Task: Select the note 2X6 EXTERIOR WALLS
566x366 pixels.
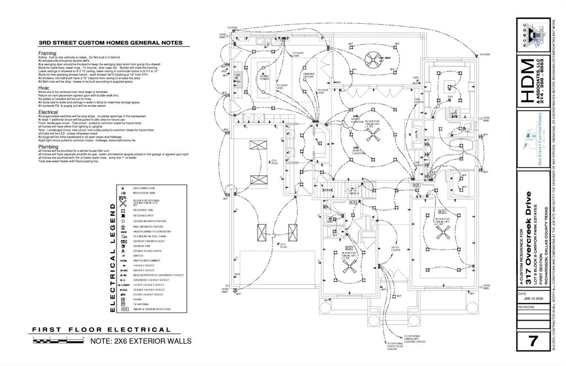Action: click(140, 341)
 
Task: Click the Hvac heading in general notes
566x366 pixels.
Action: click(44, 88)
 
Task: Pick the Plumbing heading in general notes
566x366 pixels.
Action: click(48, 147)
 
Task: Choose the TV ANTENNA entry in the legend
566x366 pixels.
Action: click(140, 304)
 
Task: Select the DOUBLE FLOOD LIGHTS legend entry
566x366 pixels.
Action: click(148, 251)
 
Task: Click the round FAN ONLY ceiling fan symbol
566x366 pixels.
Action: click(372, 57)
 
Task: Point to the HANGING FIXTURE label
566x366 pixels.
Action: click(308, 75)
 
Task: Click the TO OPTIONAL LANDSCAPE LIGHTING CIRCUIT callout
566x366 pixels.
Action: click(413, 339)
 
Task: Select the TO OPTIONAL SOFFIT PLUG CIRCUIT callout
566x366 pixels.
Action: click(395, 346)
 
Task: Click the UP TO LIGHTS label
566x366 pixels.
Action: click(395, 249)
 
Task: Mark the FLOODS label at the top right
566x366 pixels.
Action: click(485, 54)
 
